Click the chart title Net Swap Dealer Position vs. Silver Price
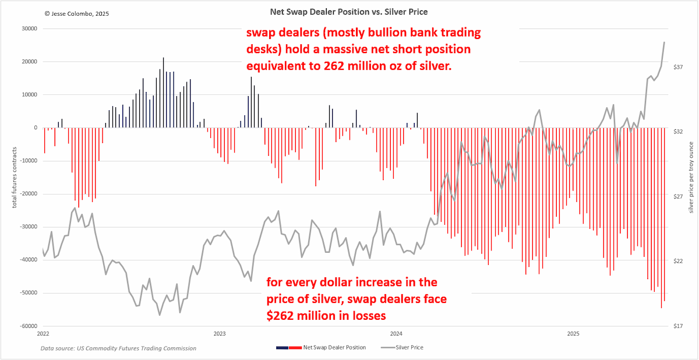pyautogui.click(x=348, y=12)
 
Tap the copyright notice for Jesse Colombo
pyautogui.click(x=77, y=14)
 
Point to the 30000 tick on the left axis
pyautogui.click(x=29, y=29)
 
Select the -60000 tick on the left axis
pyautogui.click(x=29, y=326)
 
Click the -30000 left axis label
pyautogui.click(x=29, y=227)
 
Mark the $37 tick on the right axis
pyautogui.click(x=678, y=67)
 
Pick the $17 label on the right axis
pyautogui.click(x=678, y=326)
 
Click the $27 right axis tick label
pyautogui.click(x=678, y=196)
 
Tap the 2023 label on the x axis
pyautogui.click(x=220, y=334)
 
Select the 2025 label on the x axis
pyautogui.click(x=573, y=334)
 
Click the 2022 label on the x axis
pyautogui.click(x=43, y=334)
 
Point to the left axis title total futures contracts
pyautogui.click(x=15, y=178)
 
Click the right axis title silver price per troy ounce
pyautogui.click(x=691, y=178)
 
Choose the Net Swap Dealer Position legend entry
pyautogui.click(x=321, y=348)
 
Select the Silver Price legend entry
pyautogui.click(x=403, y=348)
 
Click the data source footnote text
pyautogui.click(x=118, y=348)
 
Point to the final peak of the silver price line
pyautogui.click(x=664, y=42)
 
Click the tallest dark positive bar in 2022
pyautogui.click(x=163, y=93)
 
